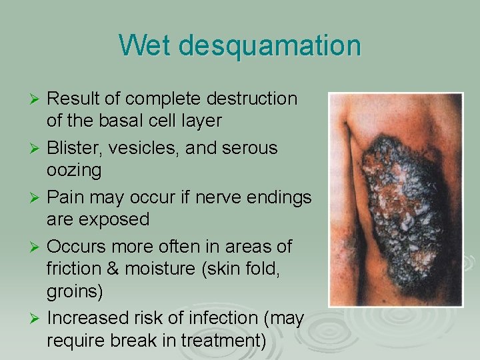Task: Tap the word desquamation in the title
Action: tap(269, 45)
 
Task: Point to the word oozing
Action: tap(74, 171)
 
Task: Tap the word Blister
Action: tap(75, 147)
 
